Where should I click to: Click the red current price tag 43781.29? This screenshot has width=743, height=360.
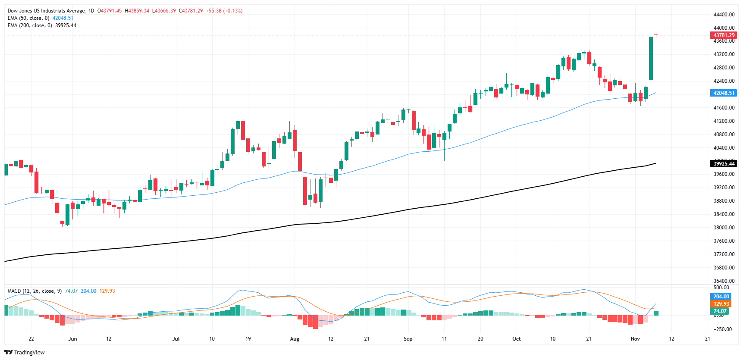click(x=724, y=35)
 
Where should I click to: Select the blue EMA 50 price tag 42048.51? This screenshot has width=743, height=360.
click(x=724, y=93)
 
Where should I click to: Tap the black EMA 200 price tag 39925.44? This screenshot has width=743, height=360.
click(x=724, y=164)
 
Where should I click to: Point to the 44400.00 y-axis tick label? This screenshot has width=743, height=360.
click(x=724, y=15)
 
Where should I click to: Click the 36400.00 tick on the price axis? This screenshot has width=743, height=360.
click(x=724, y=281)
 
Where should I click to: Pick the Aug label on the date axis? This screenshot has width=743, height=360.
click(x=295, y=339)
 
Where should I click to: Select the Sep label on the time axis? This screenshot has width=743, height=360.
click(x=408, y=339)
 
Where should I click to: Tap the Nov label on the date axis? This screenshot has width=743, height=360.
click(x=635, y=339)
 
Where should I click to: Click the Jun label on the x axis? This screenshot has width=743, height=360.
click(x=72, y=339)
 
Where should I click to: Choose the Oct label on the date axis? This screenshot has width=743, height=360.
click(x=516, y=339)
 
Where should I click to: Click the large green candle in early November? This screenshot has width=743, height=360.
click(x=651, y=58)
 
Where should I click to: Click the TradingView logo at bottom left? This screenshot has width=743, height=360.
click(x=25, y=352)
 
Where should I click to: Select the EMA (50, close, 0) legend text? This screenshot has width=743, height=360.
click(x=28, y=18)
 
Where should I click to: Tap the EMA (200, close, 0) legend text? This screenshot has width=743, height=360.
click(x=30, y=25)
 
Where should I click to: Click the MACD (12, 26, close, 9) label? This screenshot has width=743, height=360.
click(x=34, y=291)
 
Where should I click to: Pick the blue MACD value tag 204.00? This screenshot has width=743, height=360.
click(x=721, y=297)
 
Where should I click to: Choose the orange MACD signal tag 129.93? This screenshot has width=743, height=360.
click(x=721, y=304)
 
